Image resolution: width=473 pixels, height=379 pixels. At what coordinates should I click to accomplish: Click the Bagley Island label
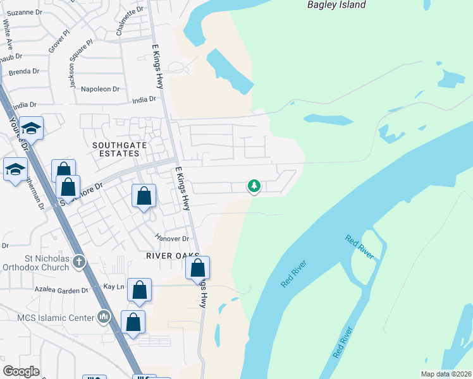point(336,5)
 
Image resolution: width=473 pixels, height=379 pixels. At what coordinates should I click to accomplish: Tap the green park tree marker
point(254,186)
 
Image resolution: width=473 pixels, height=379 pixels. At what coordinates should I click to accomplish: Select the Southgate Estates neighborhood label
point(116,149)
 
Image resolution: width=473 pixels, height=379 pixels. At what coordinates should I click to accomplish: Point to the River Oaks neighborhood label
point(168,256)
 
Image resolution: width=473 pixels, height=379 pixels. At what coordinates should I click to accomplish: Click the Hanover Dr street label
point(173,238)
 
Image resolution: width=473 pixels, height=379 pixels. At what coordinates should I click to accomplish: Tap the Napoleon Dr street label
point(100,90)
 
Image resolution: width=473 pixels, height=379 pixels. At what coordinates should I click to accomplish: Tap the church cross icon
point(78,261)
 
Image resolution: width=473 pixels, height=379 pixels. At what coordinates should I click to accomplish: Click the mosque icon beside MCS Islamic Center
point(104,316)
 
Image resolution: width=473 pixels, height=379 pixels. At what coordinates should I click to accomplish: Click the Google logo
point(21,371)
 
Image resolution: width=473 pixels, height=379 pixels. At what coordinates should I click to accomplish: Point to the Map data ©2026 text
point(446,375)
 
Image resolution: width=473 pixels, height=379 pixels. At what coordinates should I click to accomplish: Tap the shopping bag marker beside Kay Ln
point(140,291)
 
